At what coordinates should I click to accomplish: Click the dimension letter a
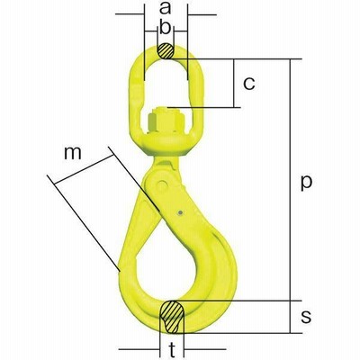tap(165, 8)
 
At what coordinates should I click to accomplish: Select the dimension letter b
tap(165, 28)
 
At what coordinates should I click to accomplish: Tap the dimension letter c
tap(249, 84)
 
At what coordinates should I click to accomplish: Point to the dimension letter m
tap(73, 153)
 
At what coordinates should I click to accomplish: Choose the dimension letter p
tap(306, 184)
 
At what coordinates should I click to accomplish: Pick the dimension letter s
tap(306, 317)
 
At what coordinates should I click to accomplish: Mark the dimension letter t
tap(172, 349)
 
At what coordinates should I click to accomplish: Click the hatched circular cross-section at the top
tap(166, 51)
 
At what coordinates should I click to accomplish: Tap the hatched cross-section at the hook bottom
tap(172, 317)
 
